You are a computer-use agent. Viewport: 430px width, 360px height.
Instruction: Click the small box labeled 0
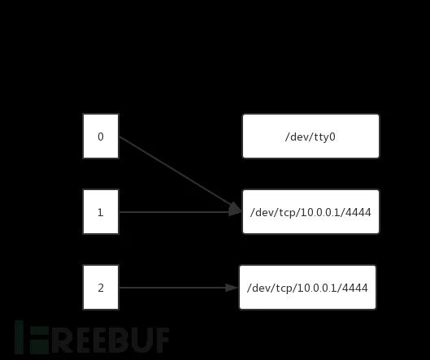point(101,137)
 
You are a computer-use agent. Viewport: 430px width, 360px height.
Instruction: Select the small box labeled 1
point(101,211)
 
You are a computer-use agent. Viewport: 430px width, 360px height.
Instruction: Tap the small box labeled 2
point(101,287)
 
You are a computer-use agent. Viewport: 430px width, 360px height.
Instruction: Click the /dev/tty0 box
point(311,137)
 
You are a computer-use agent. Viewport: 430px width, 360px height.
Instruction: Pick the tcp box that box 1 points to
point(311,211)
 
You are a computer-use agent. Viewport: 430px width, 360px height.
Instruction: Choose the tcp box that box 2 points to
point(308,287)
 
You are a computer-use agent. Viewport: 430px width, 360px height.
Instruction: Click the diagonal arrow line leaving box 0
point(180,174)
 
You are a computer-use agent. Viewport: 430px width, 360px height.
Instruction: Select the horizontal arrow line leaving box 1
point(180,212)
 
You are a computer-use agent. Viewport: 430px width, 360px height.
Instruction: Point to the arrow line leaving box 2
point(179,288)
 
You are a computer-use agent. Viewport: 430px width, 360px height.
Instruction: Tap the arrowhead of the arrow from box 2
point(231,288)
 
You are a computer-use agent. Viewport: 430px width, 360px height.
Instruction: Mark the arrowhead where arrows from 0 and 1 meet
point(235,210)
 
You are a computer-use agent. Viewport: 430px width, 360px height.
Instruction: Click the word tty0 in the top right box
point(324,137)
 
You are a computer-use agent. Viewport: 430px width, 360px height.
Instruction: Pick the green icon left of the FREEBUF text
point(32,337)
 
